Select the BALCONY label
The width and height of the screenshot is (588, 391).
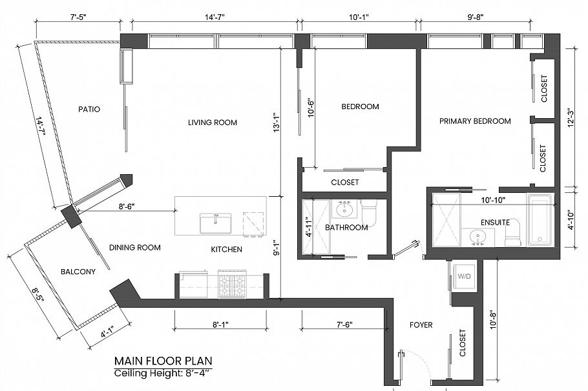click(x=79, y=272)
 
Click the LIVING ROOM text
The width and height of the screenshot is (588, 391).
click(x=212, y=123)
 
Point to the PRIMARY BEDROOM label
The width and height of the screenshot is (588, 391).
click(x=475, y=121)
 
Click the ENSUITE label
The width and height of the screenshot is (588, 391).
click(x=495, y=223)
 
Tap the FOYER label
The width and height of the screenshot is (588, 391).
click(x=420, y=325)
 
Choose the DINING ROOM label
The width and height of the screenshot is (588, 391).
click(x=134, y=248)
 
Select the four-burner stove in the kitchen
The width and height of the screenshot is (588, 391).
click(x=233, y=285)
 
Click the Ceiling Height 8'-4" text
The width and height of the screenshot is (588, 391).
click(x=163, y=374)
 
